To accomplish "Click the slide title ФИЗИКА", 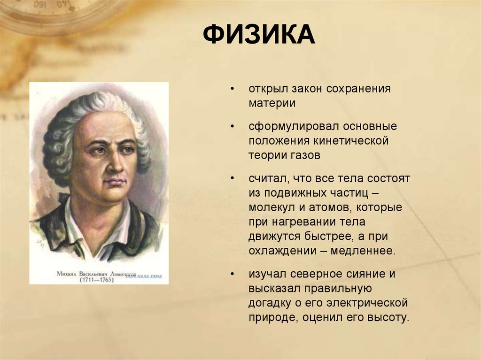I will tap(259, 35).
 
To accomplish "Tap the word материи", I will tap(272, 103).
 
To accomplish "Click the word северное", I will tap(319, 274).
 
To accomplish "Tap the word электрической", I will tap(371, 302).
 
